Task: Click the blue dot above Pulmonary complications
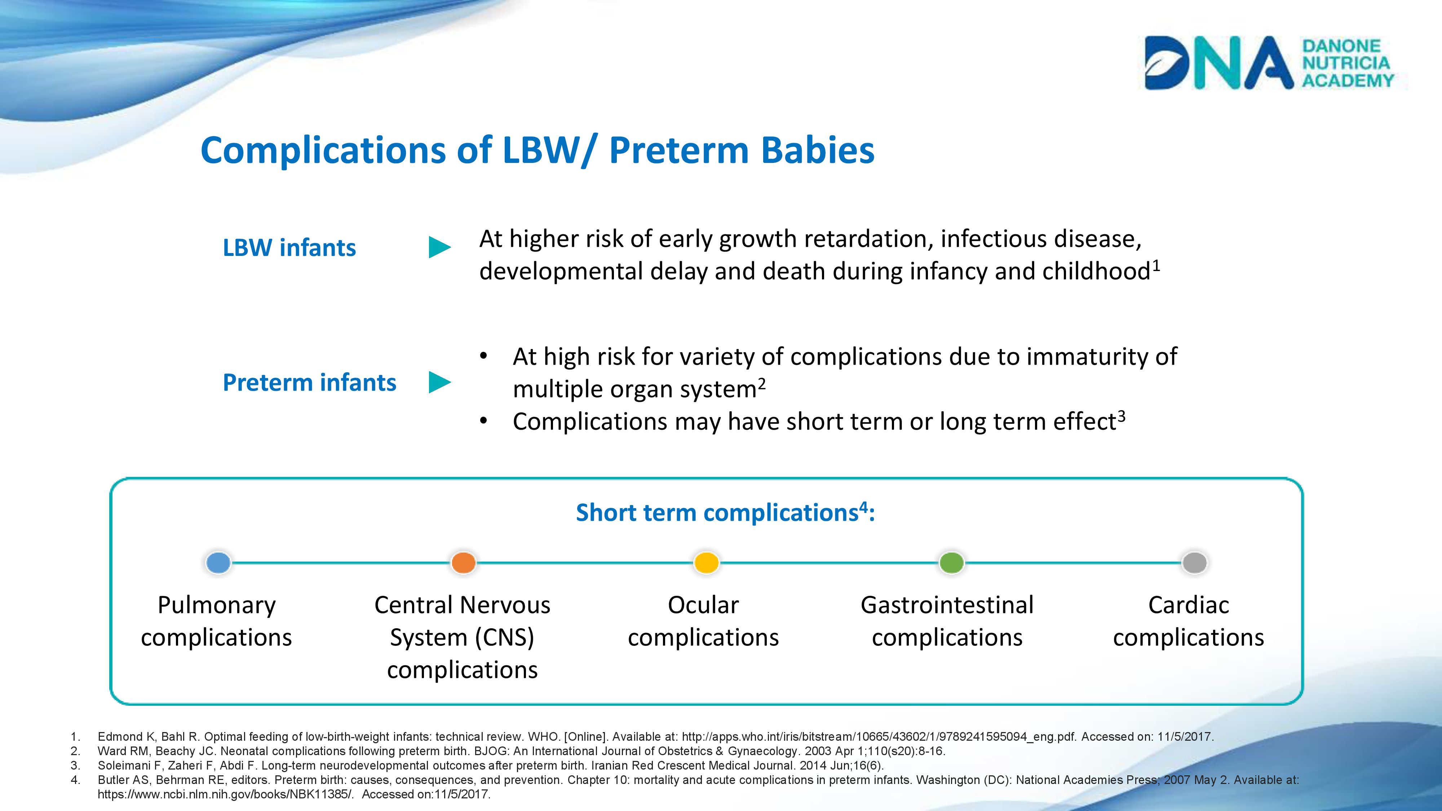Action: coord(218,563)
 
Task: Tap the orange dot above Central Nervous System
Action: coord(464,563)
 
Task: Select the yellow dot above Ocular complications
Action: coord(707,563)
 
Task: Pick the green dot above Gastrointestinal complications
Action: coord(952,563)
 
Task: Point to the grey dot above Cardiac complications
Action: coord(1195,563)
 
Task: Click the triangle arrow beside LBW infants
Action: coord(439,247)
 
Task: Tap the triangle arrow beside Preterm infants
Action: coord(439,382)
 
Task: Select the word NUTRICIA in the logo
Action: coord(1346,63)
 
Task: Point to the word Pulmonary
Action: coord(217,606)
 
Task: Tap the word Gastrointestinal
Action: coord(947,605)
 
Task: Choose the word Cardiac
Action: coord(1189,605)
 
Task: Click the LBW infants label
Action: coord(289,247)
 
